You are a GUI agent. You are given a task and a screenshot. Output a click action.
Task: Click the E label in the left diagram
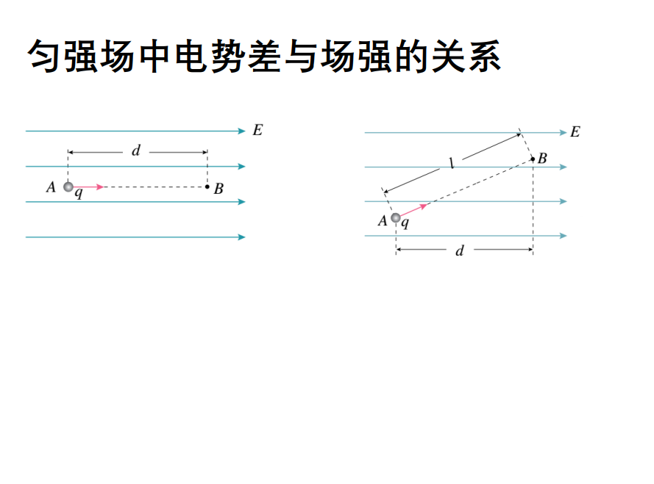[x=257, y=131]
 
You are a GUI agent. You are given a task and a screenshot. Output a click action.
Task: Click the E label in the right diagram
[x=575, y=132]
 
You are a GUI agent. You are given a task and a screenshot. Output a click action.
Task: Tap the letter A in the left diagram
[x=51, y=187]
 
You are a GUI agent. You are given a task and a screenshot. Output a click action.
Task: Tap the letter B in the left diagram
[x=218, y=188]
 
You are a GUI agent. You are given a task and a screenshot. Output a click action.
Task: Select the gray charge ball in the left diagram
[x=68, y=187]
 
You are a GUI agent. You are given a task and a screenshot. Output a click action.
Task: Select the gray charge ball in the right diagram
[x=396, y=217]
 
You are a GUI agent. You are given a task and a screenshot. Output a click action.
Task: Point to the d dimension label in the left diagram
[x=135, y=151]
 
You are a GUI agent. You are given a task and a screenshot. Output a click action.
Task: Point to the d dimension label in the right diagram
[x=460, y=250]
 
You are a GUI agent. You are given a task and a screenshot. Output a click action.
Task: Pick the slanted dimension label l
[x=452, y=165]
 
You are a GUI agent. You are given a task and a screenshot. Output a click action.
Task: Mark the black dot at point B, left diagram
[x=207, y=187]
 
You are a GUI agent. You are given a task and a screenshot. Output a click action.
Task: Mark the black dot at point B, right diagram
[x=533, y=159]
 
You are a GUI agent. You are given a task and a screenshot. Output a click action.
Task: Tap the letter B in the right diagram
[x=542, y=158]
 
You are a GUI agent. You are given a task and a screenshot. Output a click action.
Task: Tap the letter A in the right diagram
[x=383, y=220]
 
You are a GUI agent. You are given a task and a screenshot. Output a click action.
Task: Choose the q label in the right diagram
[x=405, y=223]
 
